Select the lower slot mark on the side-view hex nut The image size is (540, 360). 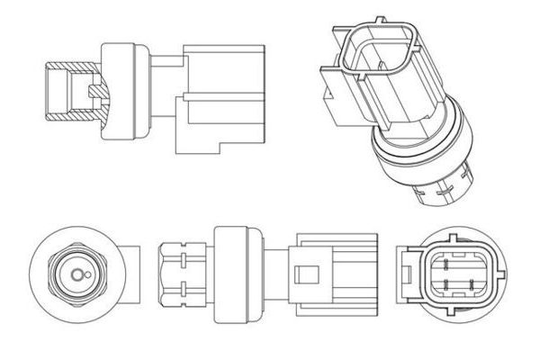pos(182,288)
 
